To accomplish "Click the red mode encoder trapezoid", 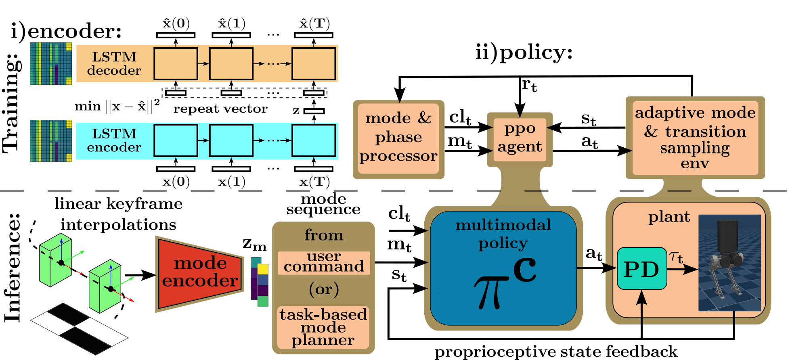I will coord(200,274).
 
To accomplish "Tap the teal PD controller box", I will coord(641,269).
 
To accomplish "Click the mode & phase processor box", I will coord(398,138).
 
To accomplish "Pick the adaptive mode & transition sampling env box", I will coord(695,138).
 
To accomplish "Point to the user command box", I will coord(324,262).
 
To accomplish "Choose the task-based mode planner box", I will coord(323,327).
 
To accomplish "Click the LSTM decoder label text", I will coord(114,63).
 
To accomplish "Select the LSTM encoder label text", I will coord(114,140).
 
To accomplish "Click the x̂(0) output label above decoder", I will coord(176,23).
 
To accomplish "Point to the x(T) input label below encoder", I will coord(314,182).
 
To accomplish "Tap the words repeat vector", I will coord(220,109).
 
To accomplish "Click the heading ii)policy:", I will coord(524,52).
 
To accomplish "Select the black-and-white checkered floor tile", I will coord(79,329).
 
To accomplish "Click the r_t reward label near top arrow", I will coord(529,85).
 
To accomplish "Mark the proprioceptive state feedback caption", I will coord(556,352).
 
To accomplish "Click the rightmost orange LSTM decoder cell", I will coord(314,64).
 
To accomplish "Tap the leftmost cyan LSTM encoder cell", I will coord(176,140).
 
